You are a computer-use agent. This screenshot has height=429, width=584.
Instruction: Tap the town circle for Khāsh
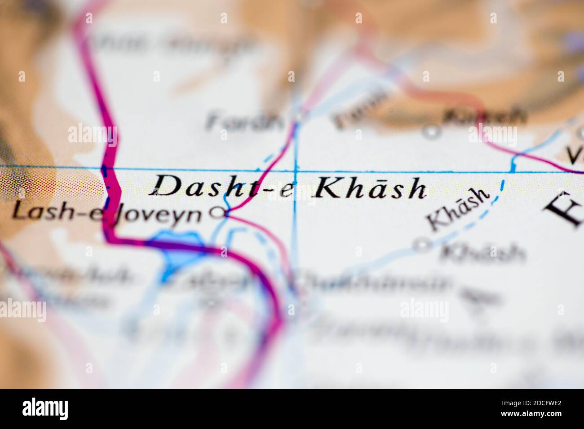pos(421,245)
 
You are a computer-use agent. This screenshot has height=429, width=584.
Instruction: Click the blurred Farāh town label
pos(245,121)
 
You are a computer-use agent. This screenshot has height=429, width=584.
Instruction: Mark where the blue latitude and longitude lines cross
pos(296,171)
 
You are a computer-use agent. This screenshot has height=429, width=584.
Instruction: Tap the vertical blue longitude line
pos(295,233)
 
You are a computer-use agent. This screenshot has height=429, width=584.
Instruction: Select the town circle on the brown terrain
pos(432,132)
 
